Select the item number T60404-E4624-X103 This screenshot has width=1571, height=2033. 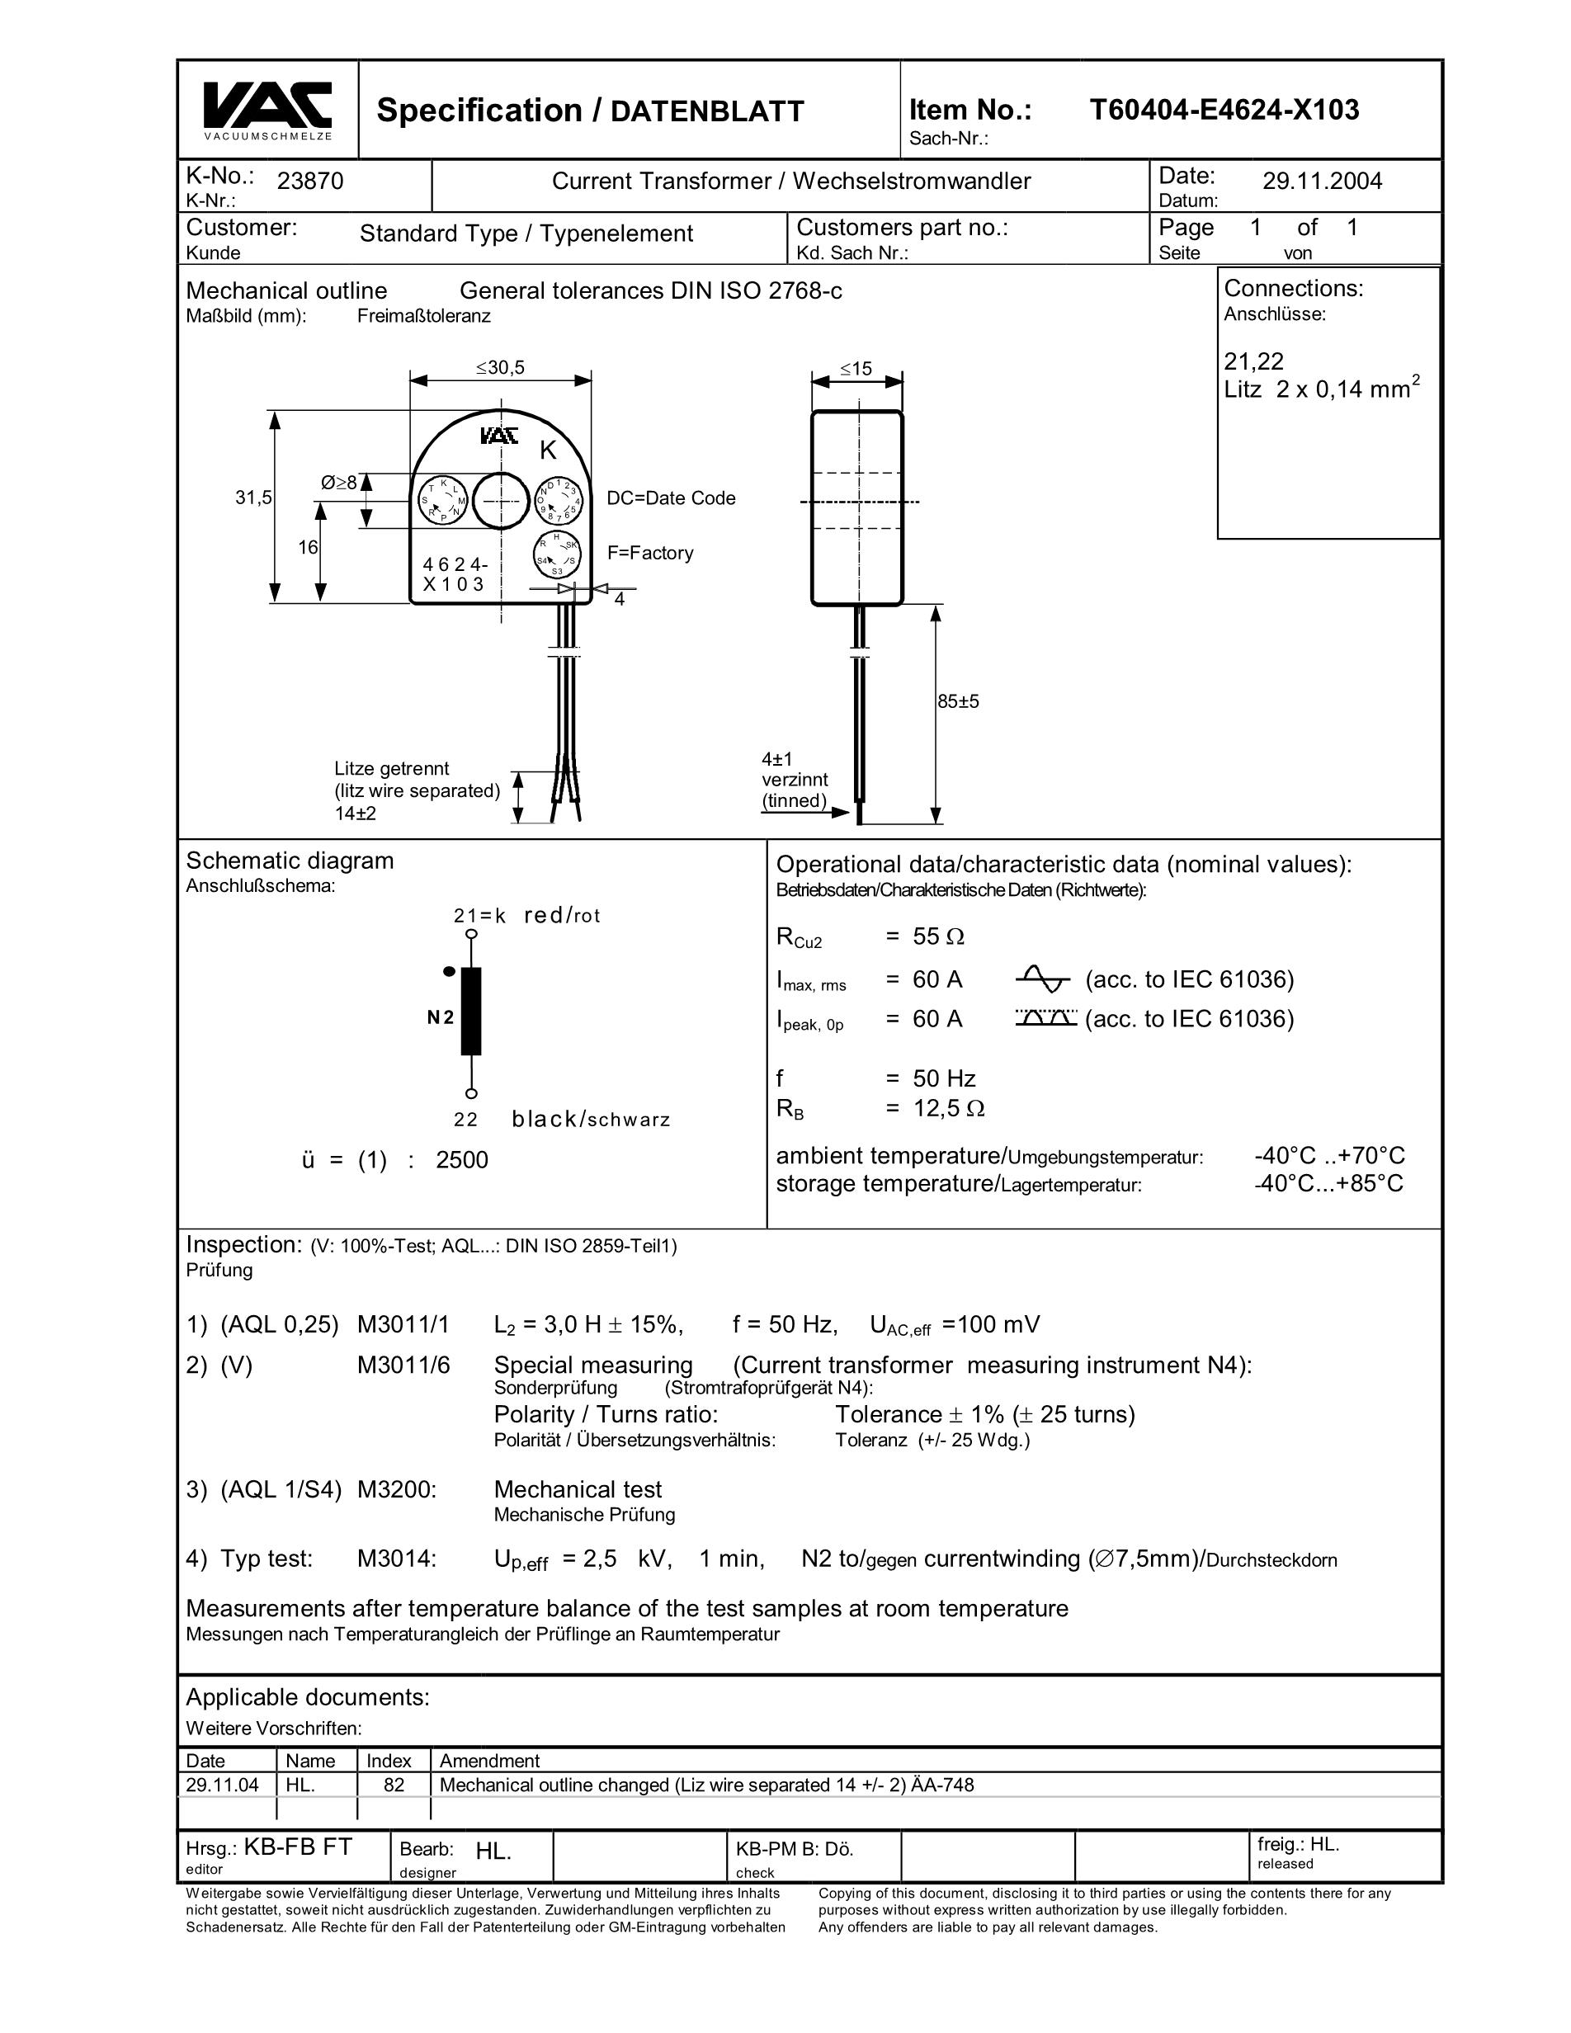click(1224, 111)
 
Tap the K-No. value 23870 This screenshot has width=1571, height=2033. click(311, 182)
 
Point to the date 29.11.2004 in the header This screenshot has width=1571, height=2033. click(1322, 182)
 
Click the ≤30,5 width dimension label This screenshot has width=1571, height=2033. click(501, 369)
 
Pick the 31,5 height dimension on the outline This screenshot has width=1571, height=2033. click(253, 498)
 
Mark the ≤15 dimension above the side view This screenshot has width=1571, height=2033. click(856, 370)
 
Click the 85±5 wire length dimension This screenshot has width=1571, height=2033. click(959, 702)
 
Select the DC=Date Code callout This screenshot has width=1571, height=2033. click(671, 499)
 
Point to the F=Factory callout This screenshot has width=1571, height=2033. click(650, 554)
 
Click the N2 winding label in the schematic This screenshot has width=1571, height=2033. click(441, 1017)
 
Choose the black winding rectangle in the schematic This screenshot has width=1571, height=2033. click(472, 1012)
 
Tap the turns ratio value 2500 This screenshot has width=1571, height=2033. click(461, 1161)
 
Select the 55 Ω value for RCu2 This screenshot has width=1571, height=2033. click(938, 937)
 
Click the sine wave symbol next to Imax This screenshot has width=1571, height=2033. click(1042, 979)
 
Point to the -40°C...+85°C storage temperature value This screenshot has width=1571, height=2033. click(1328, 1184)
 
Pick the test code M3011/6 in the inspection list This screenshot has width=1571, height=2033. click(403, 1366)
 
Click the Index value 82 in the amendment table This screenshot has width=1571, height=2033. click(394, 1785)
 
